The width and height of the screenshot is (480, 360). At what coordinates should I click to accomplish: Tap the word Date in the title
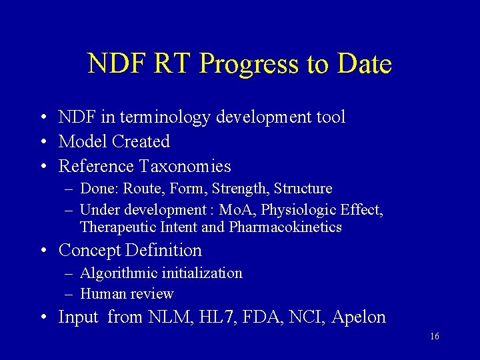(364, 64)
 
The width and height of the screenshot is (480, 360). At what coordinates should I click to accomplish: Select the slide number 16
(434, 337)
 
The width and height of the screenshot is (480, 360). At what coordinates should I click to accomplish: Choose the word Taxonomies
(185, 166)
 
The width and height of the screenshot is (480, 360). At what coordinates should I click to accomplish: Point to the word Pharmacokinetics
(285, 227)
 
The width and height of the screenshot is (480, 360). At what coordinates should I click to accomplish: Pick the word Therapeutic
(118, 227)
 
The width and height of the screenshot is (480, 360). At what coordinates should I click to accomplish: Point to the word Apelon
(359, 318)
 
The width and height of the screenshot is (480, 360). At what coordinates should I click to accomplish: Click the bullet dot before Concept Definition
(42, 251)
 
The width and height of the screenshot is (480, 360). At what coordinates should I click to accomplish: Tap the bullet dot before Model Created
(42, 142)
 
